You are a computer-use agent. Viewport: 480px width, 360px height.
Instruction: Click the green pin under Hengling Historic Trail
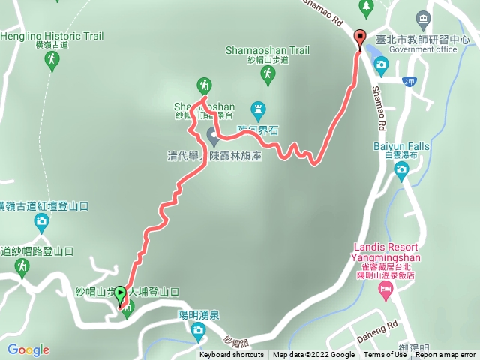pos(52,61)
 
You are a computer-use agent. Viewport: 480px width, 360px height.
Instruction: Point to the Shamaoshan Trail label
pos(267,50)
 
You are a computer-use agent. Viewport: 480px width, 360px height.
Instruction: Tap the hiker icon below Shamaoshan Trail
pos(268,74)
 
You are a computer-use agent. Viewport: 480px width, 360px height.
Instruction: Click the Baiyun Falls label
pos(400,148)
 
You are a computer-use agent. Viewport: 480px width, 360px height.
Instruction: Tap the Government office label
pos(423,49)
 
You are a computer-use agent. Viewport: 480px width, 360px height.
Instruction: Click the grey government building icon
pos(423,17)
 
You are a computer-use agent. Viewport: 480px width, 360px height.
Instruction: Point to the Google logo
pos(28,349)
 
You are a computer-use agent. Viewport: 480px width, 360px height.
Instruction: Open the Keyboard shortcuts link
pos(231,355)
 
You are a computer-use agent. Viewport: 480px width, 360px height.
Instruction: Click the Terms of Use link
pos(385,355)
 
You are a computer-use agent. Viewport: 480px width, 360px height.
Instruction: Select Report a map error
pos(445,355)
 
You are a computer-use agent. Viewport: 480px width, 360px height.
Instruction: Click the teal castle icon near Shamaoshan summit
pos(258,109)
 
